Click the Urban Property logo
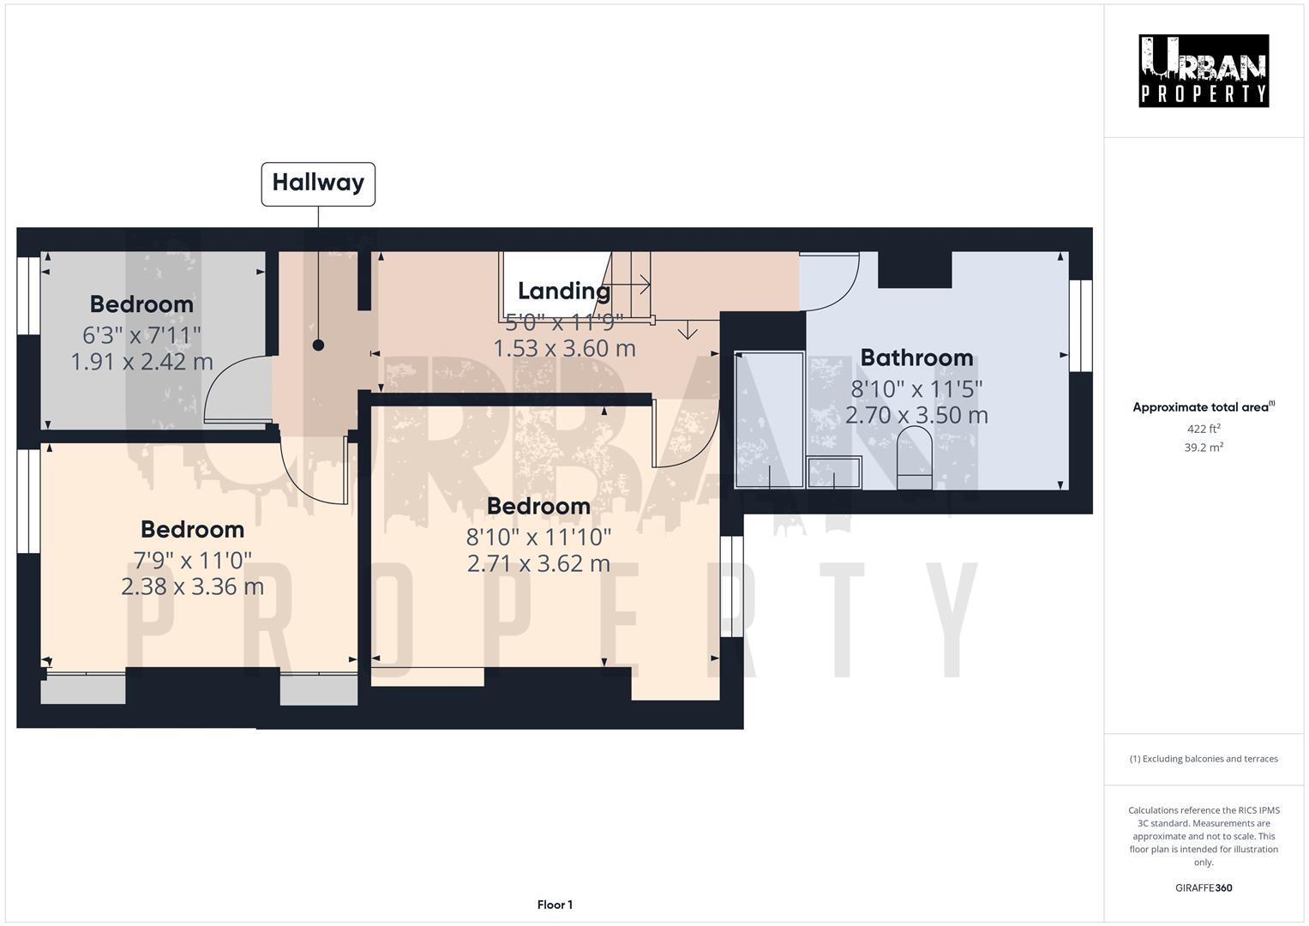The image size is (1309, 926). pos(1203,70)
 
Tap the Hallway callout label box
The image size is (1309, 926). pos(318,183)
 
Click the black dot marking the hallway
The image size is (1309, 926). pos(318,346)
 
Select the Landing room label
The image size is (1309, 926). pos(563,292)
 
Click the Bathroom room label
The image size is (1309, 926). pos(916,358)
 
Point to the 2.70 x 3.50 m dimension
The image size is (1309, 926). pos(916,416)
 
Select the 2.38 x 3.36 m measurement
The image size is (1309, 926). pos(192,587)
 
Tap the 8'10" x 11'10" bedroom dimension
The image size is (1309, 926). pos(538,537)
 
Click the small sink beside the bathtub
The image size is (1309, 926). pos(834,472)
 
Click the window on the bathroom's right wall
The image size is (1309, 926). pos(1080,326)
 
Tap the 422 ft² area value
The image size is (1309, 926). pos(1203,430)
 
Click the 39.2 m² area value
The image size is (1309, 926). pos(1203,448)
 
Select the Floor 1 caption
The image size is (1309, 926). pos(555,905)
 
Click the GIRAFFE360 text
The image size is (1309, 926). pos(1203,888)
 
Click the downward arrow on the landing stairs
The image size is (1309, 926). pos(688,331)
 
